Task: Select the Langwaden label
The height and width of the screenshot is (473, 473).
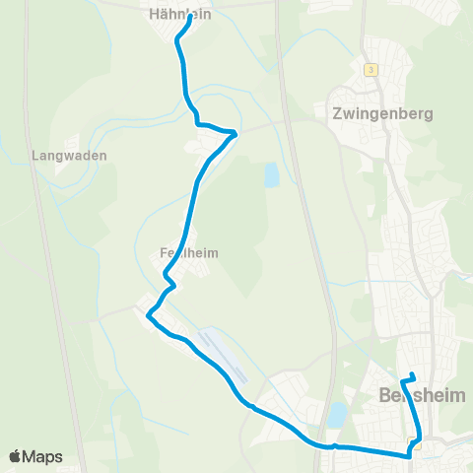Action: click(x=69, y=156)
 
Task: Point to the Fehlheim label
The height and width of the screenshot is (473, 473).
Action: click(x=188, y=253)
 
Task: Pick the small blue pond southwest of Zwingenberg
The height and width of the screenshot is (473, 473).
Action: click(x=270, y=175)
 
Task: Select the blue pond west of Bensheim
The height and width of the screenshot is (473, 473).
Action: click(x=337, y=413)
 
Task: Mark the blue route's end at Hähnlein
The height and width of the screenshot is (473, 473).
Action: click(x=189, y=17)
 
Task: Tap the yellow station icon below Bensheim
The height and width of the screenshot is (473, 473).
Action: click(x=417, y=444)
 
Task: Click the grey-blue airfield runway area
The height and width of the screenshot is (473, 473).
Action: click(x=221, y=355)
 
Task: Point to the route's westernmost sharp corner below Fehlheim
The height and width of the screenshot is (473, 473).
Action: click(x=148, y=315)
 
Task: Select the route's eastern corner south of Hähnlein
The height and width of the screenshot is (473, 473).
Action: click(x=236, y=132)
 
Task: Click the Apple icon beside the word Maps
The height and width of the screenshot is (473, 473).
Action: click(x=16, y=457)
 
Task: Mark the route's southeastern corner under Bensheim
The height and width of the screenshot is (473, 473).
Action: click(x=409, y=455)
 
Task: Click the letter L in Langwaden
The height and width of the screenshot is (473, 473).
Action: click(x=35, y=156)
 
